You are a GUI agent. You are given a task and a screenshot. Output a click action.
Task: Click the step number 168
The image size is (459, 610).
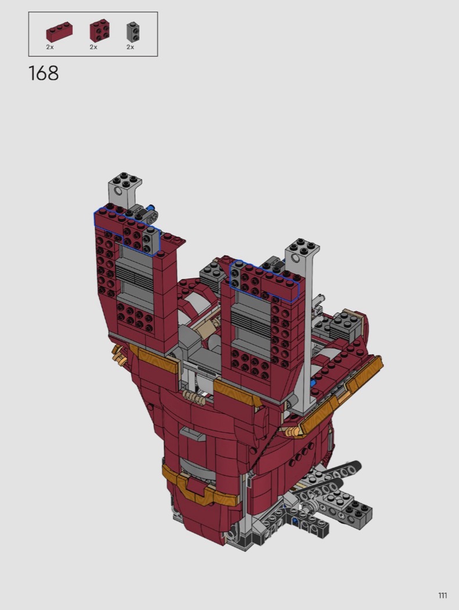tap(44, 73)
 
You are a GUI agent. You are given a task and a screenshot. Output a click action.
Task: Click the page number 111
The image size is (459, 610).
tap(442, 595)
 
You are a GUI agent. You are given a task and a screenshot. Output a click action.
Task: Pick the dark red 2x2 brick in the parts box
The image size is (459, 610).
tap(99, 31)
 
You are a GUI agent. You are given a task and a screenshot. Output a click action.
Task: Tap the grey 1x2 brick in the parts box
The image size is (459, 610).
tap(133, 31)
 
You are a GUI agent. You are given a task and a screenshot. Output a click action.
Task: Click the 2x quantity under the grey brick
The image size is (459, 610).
tap(130, 47)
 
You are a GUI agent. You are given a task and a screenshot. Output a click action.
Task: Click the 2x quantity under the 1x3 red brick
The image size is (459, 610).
tap(50, 47)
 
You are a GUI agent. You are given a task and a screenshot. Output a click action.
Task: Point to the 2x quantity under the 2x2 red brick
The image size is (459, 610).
tap(94, 47)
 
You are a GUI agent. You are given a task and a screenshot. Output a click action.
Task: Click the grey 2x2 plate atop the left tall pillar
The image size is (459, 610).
tap(125, 180)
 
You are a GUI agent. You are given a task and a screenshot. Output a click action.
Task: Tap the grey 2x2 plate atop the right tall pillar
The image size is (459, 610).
tap(302, 247)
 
